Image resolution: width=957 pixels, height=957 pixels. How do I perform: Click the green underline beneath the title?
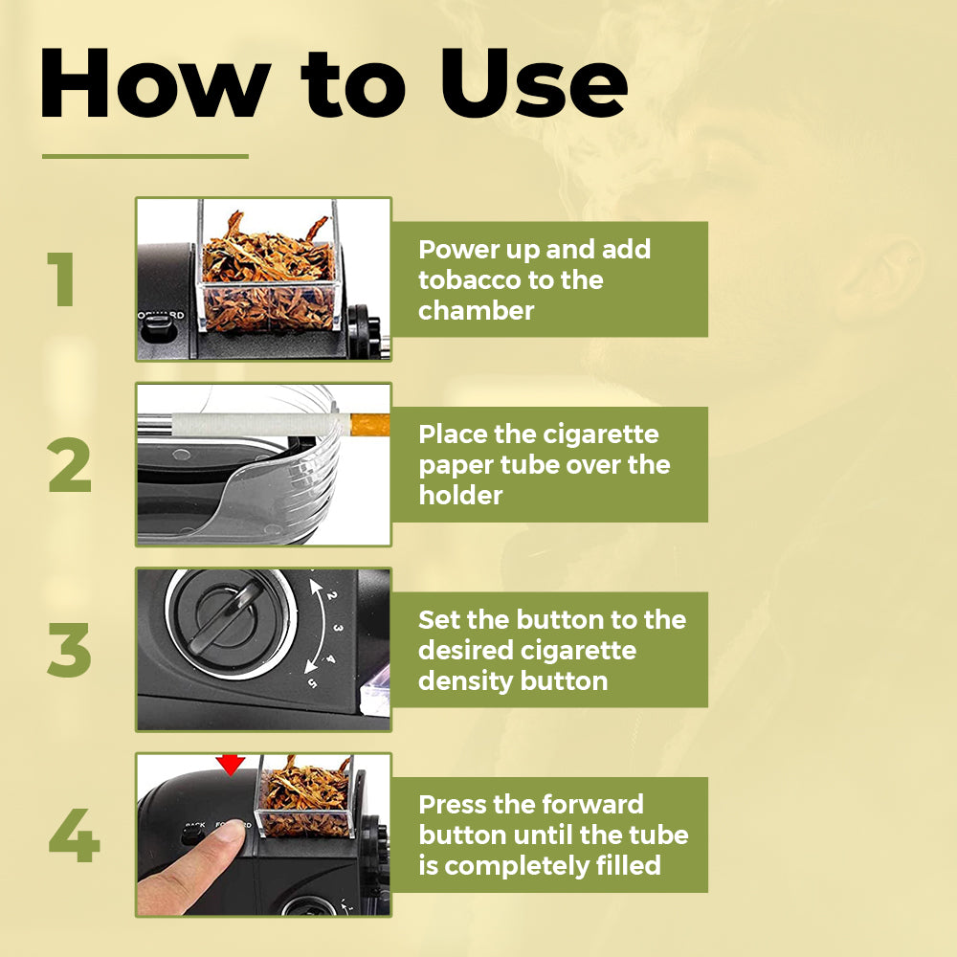coord(145,156)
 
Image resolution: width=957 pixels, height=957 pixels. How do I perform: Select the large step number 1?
coord(61,278)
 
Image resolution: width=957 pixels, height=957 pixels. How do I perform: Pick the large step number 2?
coord(70,464)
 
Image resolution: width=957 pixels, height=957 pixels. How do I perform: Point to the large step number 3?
coord(69,650)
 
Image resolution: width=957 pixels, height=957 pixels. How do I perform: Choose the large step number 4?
coord(74,835)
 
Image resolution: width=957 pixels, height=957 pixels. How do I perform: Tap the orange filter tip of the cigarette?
coord(369,424)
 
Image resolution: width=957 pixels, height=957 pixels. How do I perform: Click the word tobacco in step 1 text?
coord(469,279)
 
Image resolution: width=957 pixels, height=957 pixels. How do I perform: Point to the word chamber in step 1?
coord(476,311)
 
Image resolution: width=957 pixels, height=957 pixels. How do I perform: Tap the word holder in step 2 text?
coord(461,495)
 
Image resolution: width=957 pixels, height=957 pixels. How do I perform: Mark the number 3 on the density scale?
coord(338,628)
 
